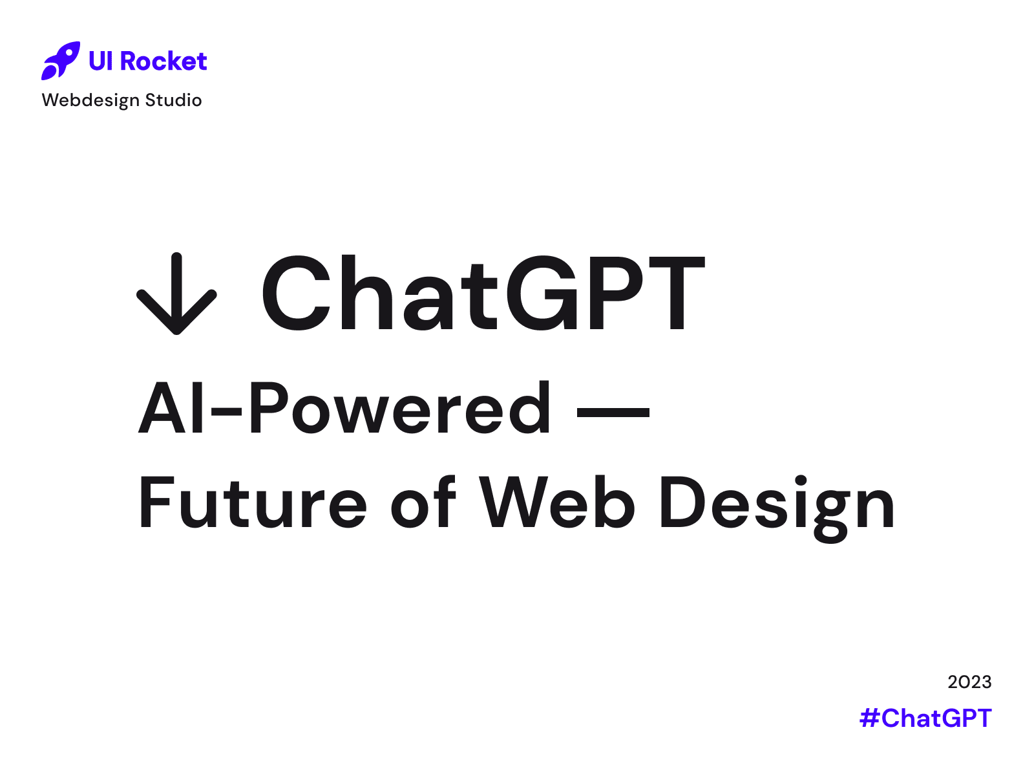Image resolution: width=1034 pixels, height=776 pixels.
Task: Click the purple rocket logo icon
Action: (x=60, y=61)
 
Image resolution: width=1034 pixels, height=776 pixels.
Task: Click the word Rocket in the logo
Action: (x=164, y=61)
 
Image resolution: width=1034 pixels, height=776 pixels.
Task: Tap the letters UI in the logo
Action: (x=101, y=61)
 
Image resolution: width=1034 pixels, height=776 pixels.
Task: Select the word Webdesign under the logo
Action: (x=90, y=100)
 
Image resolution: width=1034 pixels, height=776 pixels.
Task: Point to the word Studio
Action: (x=173, y=100)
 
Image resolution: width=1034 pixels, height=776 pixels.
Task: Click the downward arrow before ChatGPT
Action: (x=176, y=294)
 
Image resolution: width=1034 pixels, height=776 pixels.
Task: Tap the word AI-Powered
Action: (x=344, y=409)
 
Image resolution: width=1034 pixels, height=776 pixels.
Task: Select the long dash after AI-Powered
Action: (x=613, y=411)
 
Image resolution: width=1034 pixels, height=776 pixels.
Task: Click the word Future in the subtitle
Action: (x=253, y=503)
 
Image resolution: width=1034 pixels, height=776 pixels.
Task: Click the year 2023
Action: (x=969, y=682)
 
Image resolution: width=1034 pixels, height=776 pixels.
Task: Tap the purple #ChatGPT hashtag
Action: (x=925, y=718)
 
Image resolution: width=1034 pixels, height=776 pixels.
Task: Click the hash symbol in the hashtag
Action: (x=869, y=718)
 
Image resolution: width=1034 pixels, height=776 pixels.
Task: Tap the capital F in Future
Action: (x=154, y=502)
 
